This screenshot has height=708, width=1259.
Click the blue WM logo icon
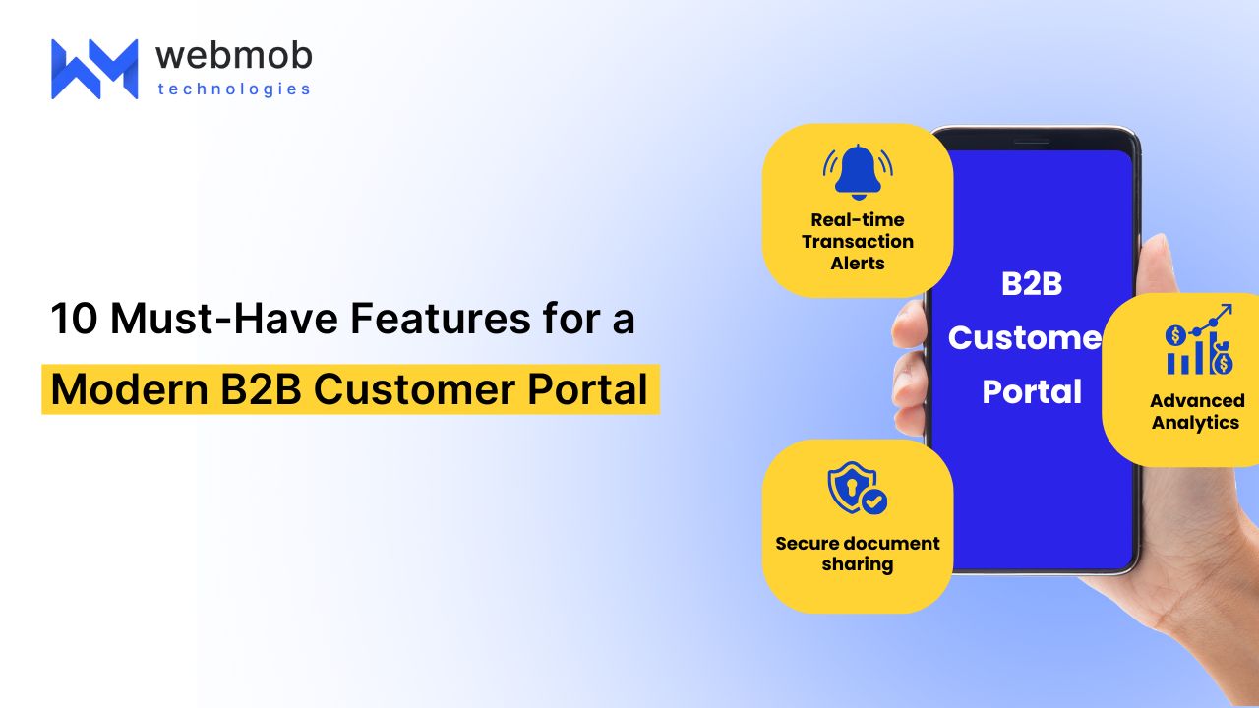pos(94,69)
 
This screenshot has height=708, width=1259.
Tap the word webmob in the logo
pos(233,55)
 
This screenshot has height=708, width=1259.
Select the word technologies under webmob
pos(233,89)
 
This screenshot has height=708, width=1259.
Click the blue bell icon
pos(858,172)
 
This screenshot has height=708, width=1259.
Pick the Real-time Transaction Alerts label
pos(858,241)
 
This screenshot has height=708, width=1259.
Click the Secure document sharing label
pos(858,554)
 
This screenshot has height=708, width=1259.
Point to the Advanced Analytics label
pos(1196,411)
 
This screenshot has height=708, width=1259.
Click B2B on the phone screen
pos(1033,284)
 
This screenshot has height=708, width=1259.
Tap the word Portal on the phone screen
pos(1033,391)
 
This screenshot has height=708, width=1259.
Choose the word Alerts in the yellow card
pos(858,264)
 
